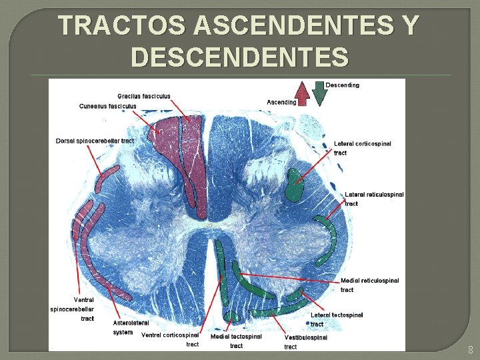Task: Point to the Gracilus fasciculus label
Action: tap(143, 96)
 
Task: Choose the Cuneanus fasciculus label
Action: tap(108, 106)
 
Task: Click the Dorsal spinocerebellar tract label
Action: tap(95, 141)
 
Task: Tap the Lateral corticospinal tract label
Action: tap(362, 148)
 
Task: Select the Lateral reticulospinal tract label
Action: tap(374, 199)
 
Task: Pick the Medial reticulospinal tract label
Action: tap(369, 285)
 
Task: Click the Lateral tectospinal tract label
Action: tap(337, 319)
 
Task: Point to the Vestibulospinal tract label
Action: tap(305, 342)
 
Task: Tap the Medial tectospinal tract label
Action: tap(236, 341)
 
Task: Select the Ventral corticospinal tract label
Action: tap(171, 339)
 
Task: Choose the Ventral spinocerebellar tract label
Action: tap(72, 309)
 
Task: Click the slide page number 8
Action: tap(470, 349)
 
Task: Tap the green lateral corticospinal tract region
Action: tap(293, 185)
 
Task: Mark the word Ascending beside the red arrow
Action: tap(281, 102)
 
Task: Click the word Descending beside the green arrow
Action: tap(342, 85)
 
